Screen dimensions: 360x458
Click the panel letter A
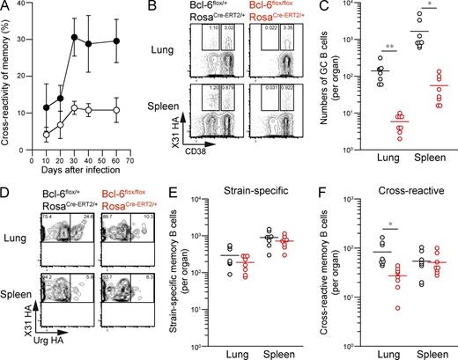pos(6,7)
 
